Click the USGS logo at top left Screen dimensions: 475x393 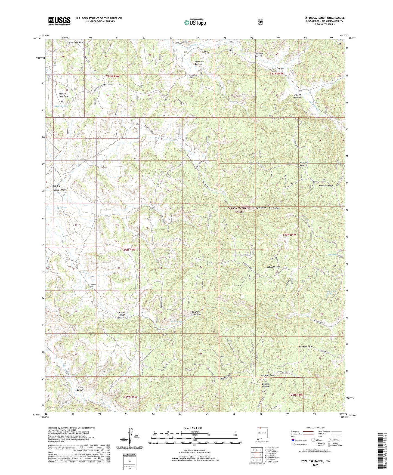(59, 21)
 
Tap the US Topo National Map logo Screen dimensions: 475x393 (194, 22)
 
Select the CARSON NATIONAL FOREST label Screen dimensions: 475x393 (239, 210)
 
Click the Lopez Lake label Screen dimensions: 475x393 (61, 208)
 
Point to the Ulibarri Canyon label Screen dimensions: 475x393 (297, 96)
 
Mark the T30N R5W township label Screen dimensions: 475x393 (128, 249)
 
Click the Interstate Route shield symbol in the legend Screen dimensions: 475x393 (293, 440)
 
